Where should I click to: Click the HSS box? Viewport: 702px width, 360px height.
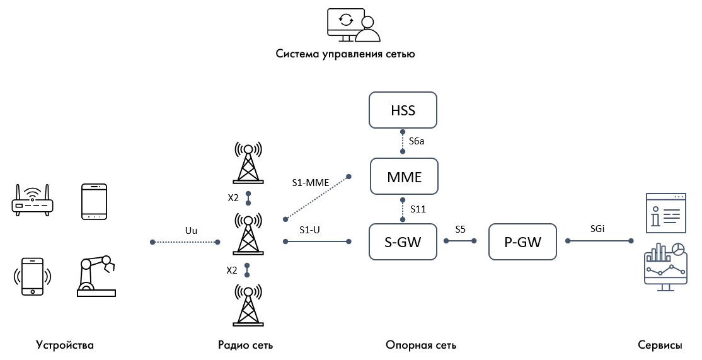403,112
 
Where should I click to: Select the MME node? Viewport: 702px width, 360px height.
403,177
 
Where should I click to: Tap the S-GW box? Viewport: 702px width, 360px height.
403,241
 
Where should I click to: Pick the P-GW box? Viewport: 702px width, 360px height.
522,241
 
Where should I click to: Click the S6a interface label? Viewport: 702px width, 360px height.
417,142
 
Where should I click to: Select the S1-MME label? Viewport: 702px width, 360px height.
309,182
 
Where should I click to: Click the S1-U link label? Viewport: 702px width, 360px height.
309,229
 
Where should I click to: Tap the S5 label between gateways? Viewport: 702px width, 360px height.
461,229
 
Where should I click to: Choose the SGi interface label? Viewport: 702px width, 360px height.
597,229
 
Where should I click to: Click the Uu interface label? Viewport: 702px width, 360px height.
191,230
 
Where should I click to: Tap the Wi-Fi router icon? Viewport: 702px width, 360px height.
33,201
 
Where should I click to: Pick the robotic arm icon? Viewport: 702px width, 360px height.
96,276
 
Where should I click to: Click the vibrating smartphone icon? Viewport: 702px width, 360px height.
33,276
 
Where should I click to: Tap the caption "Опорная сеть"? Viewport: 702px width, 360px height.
420,345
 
